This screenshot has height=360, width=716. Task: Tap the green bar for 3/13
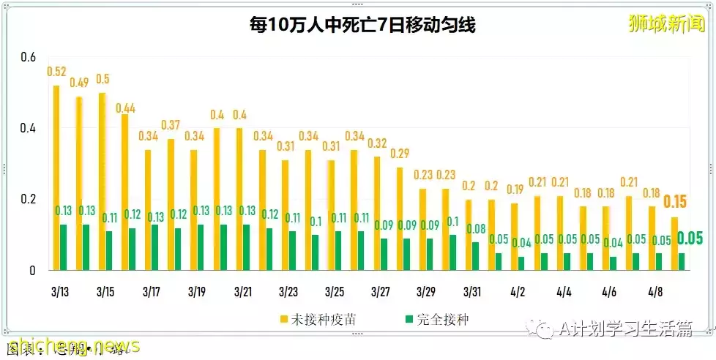click(x=64, y=247)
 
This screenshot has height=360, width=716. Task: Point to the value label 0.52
click(x=57, y=72)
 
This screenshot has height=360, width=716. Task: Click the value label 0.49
click(x=80, y=83)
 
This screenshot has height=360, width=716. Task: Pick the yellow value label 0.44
click(x=126, y=108)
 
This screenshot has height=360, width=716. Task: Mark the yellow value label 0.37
click(x=171, y=125)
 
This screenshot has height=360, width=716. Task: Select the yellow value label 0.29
click(x=400, y=154)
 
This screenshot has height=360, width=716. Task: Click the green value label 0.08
click(x=476, y=228)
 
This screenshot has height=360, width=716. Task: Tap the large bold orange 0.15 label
click(x=675, y=202)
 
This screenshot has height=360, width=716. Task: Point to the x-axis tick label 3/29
click(x=426, y=291)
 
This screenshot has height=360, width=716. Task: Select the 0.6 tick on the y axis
click(x=27, y=57)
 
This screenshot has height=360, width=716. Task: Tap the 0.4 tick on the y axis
click(x=27, y=128)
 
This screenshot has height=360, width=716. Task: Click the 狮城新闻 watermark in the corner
click(x=666, y=23)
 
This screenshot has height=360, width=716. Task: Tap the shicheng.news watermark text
click(x=70, y=345)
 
